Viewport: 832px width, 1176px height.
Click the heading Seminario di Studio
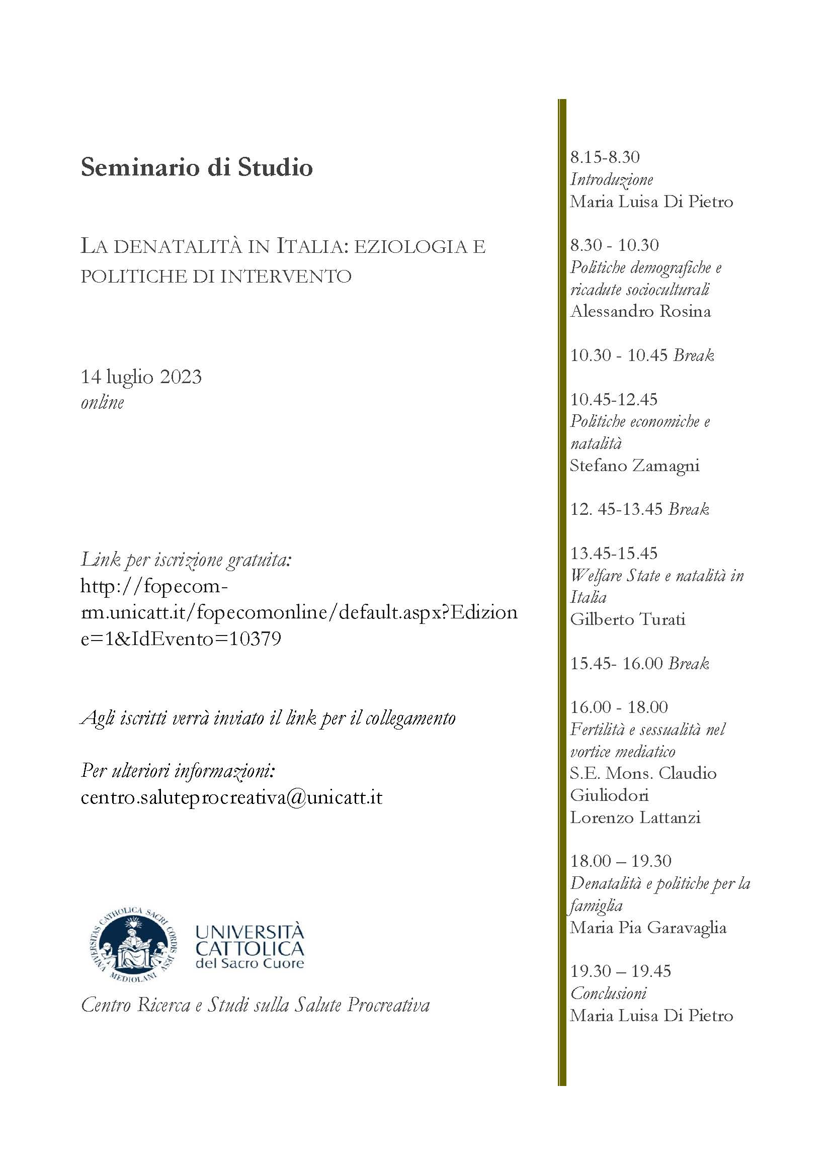tap(197, 168)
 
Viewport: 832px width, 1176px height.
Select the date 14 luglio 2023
tap(141, 377)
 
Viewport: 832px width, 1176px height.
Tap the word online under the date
tap(103, 402)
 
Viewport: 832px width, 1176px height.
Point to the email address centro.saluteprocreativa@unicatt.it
tap(231, 797)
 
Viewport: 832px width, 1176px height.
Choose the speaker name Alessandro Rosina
tap(640, 311)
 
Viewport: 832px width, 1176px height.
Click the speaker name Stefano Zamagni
tap(635, 466)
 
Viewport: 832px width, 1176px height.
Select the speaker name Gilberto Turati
tap(628, 620)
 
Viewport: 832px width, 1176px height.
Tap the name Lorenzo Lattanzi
tap(635, 818)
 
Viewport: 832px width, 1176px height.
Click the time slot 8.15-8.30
tap(605, 157)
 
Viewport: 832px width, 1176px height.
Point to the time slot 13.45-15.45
tap(614, 553)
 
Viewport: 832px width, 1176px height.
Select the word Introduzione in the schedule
tap(612, 179)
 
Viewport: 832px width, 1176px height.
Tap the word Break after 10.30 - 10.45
tap(694, 355)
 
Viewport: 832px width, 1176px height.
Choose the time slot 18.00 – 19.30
tap(621, 861)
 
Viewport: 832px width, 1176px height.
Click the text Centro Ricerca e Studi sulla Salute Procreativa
tap(255, 1006)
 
